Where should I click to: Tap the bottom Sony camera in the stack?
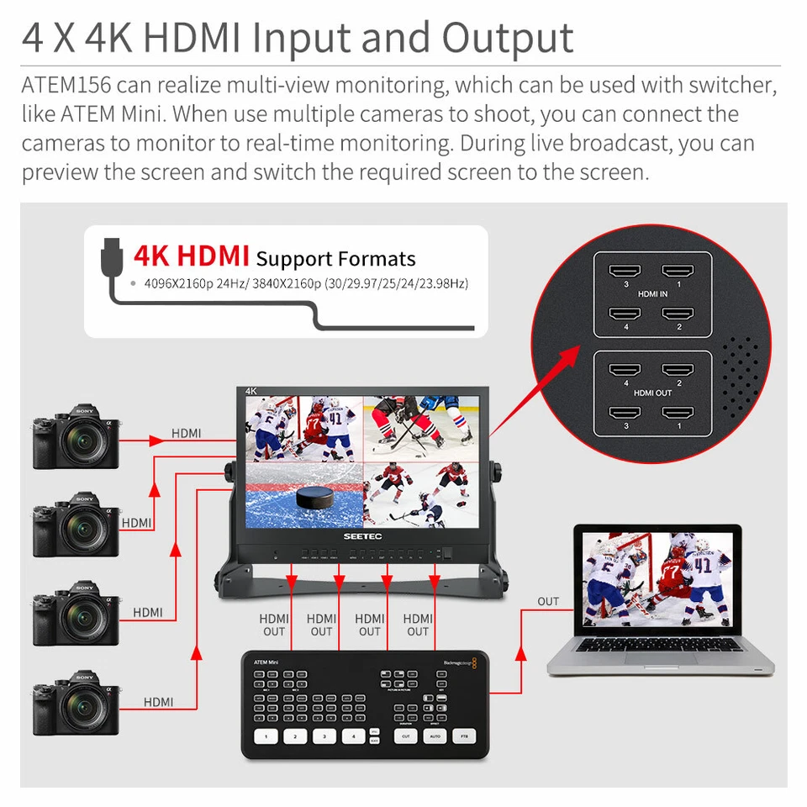(x=76, y=703)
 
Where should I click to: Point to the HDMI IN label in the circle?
(x=652, y=293)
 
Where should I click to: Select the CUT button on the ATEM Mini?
(x=406, y=736)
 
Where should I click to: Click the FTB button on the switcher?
(x=463, y=736)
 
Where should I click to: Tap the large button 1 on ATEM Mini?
(x=266, y=736)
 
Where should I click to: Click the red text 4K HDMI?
(x=192, y=255)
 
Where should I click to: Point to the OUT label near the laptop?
(x=548, y=601)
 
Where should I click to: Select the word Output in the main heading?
(x=508, y=38)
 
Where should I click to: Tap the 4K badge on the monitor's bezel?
(x=251, y=391)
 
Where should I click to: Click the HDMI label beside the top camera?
(x=186, y=433)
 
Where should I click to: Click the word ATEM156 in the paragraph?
(x=67, y=85)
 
